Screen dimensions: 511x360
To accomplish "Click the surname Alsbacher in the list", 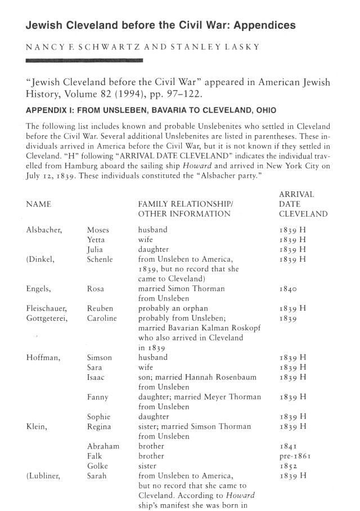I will point(46,230).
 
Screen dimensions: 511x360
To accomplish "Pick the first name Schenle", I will point(100,259).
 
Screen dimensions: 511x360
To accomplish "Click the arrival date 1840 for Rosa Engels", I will point(289,289).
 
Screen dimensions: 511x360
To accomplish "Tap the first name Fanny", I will point(97,397).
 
